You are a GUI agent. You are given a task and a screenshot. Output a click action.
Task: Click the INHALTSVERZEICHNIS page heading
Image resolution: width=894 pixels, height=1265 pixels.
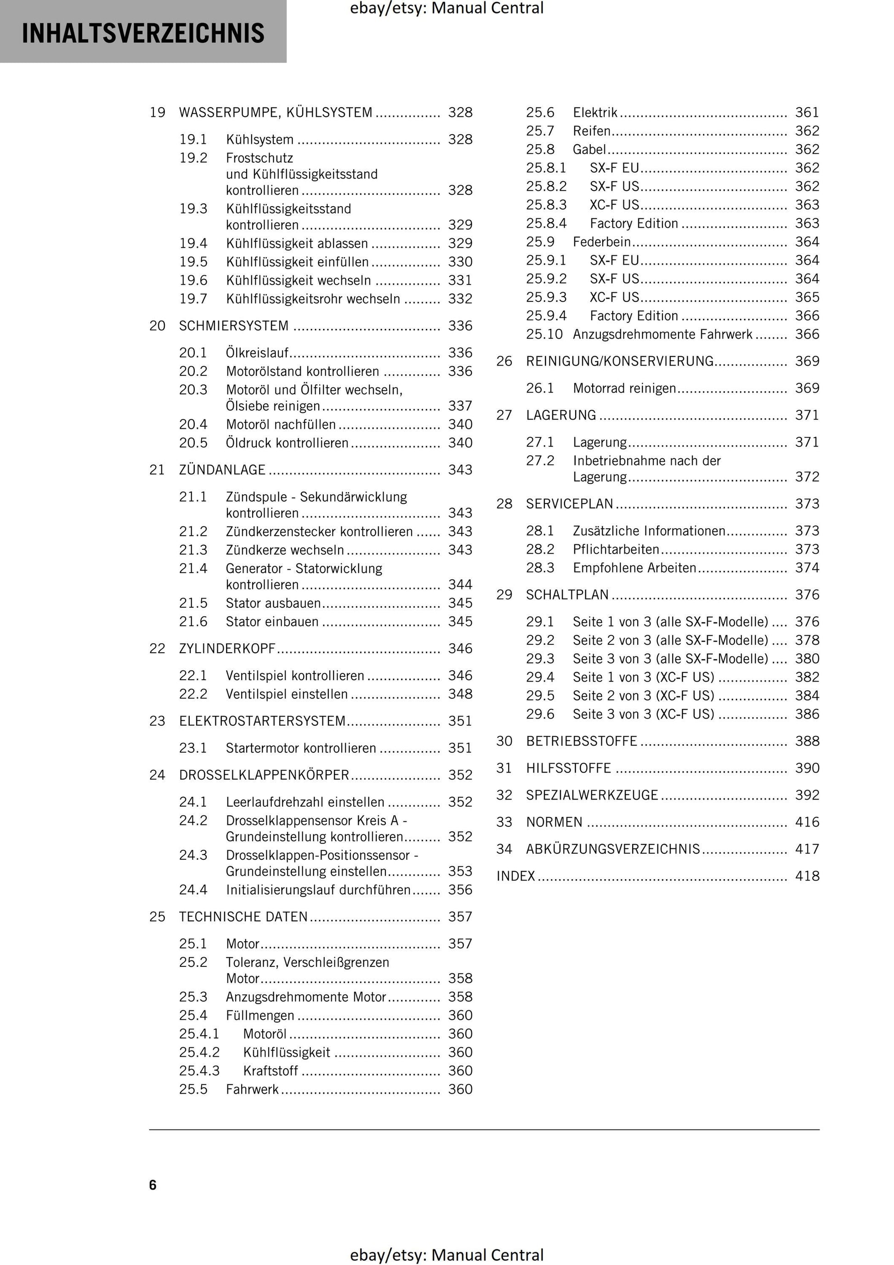coord(143,33)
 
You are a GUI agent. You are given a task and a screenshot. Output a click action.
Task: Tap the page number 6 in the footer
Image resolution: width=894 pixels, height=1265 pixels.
coord(153,1185)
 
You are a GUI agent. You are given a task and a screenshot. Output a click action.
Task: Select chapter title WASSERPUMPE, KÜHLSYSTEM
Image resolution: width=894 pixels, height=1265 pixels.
coord(276,113)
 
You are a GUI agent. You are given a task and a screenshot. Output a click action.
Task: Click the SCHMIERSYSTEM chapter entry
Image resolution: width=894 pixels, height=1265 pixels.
coord(234,326)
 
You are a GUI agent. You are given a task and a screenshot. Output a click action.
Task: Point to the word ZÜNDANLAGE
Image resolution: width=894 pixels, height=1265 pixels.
coord(222,470)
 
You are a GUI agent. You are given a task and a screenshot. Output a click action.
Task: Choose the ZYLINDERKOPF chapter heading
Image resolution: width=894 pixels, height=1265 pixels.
coord(227,649)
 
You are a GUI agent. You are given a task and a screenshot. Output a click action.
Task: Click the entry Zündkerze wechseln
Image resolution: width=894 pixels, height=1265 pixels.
coord(285,550)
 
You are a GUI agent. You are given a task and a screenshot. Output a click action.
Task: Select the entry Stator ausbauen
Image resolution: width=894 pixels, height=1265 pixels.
coord(273,603)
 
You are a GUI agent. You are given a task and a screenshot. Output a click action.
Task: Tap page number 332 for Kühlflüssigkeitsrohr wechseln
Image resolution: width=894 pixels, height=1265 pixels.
coord(460,299)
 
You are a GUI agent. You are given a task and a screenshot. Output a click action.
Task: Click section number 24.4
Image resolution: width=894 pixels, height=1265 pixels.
coord(193,890)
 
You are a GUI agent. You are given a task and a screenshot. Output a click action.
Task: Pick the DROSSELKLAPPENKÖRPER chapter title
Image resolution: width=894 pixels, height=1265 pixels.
coord(264,775)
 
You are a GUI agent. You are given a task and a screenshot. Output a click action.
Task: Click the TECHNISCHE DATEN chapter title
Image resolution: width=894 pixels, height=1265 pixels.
coord(243,917)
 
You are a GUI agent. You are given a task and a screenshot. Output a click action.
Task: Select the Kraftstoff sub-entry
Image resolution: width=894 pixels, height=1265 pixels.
coord(271,1071)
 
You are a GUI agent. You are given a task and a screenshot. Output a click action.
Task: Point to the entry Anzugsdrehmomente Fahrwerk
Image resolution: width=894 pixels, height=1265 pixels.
coord(662,334)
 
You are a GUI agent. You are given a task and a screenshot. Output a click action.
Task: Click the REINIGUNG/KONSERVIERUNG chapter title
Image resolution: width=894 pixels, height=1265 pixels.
coord(620,361)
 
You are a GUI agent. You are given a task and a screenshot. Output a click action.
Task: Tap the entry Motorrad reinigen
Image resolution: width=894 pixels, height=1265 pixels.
coord(624,389)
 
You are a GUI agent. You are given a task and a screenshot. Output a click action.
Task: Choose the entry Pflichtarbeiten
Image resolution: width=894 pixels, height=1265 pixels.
coord(616,549)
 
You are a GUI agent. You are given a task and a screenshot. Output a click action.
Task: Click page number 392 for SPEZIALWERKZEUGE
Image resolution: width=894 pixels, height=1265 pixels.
coord(807,795)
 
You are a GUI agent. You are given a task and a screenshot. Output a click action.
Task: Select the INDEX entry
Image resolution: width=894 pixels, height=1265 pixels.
coord(516,876)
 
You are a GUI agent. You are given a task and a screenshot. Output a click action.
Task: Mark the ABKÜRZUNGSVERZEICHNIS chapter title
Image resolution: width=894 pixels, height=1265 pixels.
coord(613,849)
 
